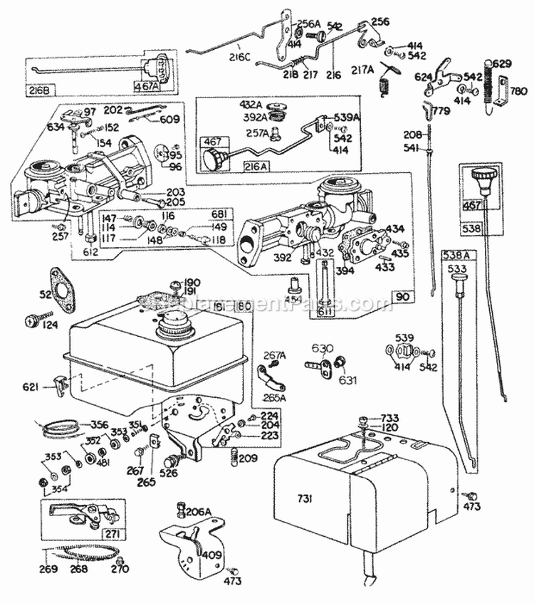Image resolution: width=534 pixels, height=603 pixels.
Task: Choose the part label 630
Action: (x=320, y=348)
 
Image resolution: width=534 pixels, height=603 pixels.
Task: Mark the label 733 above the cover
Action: (x=389, y=419)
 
